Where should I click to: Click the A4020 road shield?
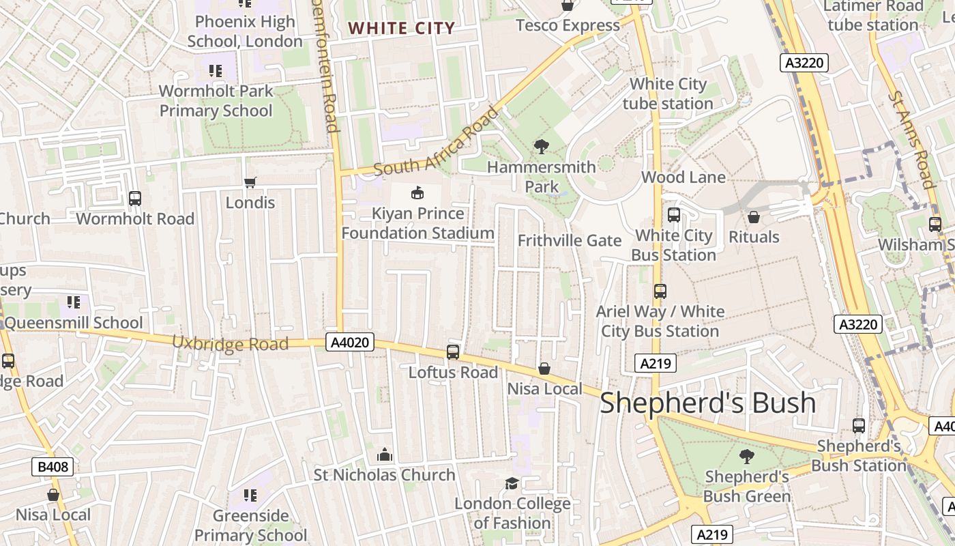click(351, 342)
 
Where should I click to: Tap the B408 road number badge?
click(53, 467)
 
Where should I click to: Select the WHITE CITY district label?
click(401, 28)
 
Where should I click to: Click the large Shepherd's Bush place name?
click(707, 403)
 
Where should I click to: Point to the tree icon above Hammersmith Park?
click(542, 146)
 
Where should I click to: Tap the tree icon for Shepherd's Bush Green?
click(747, 457)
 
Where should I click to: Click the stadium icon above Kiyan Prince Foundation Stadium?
click(417, 193)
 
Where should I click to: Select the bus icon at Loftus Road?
click(453, 352)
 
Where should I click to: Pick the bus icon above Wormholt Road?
click(135, 199)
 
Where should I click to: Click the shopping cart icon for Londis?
click(250, 182)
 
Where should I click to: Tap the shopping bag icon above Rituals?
click(754, 217)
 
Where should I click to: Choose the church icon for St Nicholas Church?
click(384, 455)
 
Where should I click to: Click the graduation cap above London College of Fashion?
click(512, 484)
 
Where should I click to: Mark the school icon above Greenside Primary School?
click(250, 495)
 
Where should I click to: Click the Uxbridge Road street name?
click(230, 343)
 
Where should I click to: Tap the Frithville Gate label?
click(570, 240)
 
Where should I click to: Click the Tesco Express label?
click(568, 25)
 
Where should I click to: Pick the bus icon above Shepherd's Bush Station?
click(859, 426)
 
